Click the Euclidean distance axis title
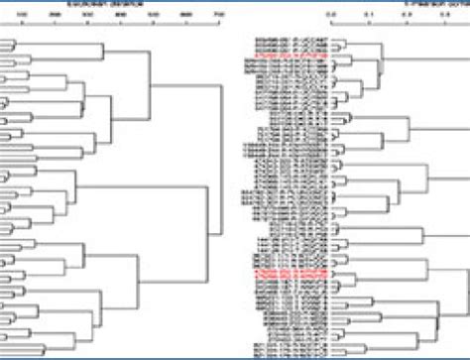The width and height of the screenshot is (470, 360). tap(121, 4)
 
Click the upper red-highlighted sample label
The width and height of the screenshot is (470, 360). tap(288, 59)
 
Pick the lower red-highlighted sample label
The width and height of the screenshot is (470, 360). tap(288, 271)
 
